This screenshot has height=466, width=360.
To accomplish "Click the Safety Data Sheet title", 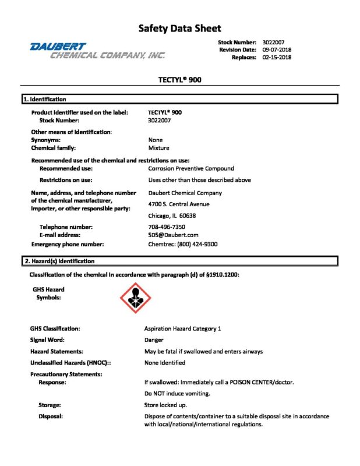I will [179, 28].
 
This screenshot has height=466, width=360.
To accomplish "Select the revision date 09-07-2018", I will [277, 50].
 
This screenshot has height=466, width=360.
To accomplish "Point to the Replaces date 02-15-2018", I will [277, 57].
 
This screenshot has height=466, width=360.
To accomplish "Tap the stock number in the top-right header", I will [274, 42].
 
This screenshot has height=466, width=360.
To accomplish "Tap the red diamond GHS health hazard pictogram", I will [135, 296].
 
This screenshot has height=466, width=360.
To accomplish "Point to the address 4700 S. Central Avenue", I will [179, 204].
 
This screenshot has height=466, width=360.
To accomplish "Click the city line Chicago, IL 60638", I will [172, 216].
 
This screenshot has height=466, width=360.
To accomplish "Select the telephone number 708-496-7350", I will [167, 227].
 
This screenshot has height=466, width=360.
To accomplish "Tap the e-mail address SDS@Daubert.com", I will [174, 235].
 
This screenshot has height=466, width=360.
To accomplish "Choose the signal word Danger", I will [154, 340].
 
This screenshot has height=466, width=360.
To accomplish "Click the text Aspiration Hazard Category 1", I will [182, 329].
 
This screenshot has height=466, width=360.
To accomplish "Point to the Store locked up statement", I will [165, 404].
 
